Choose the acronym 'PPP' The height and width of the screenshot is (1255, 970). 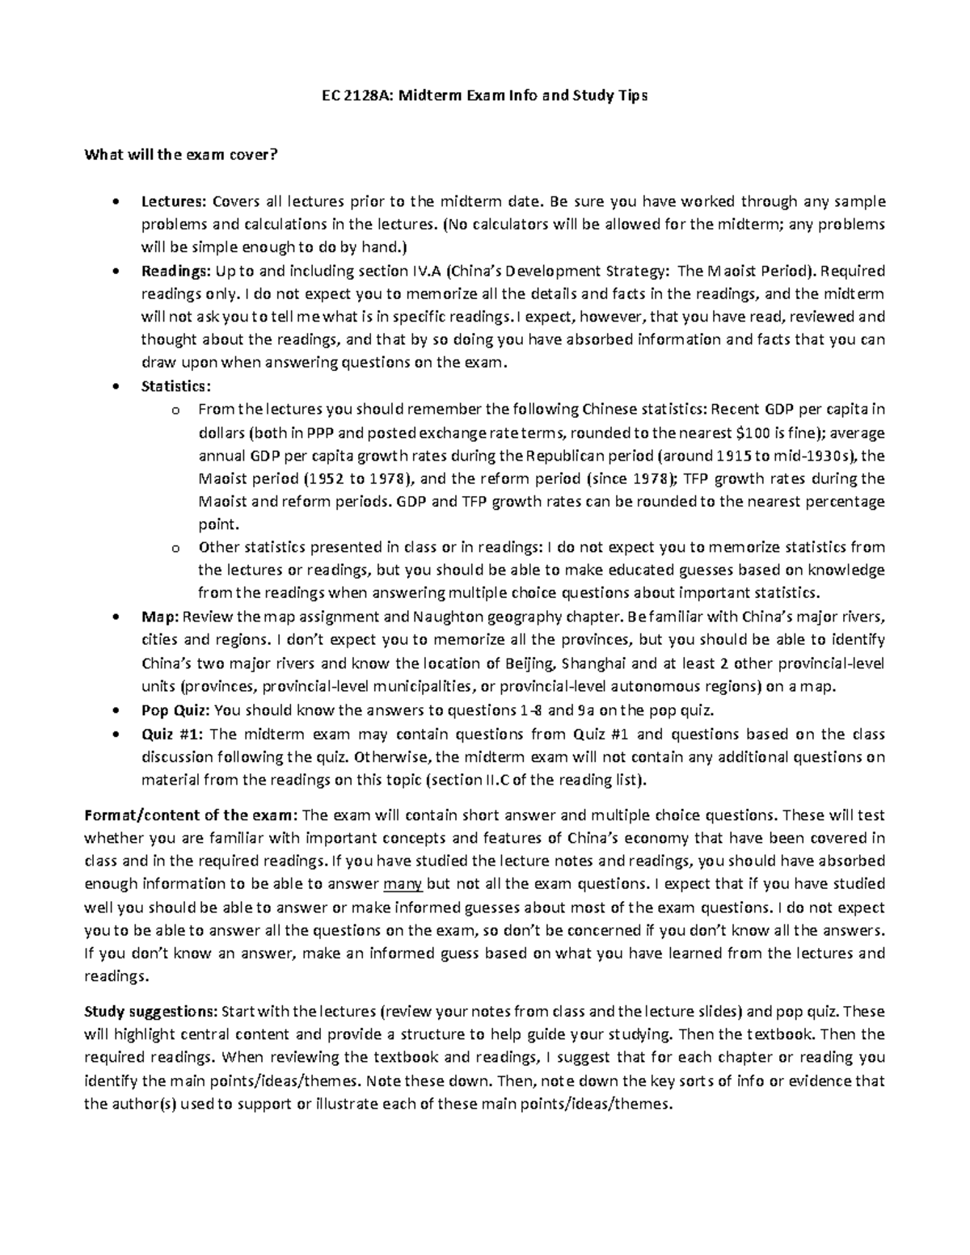[314, 432]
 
